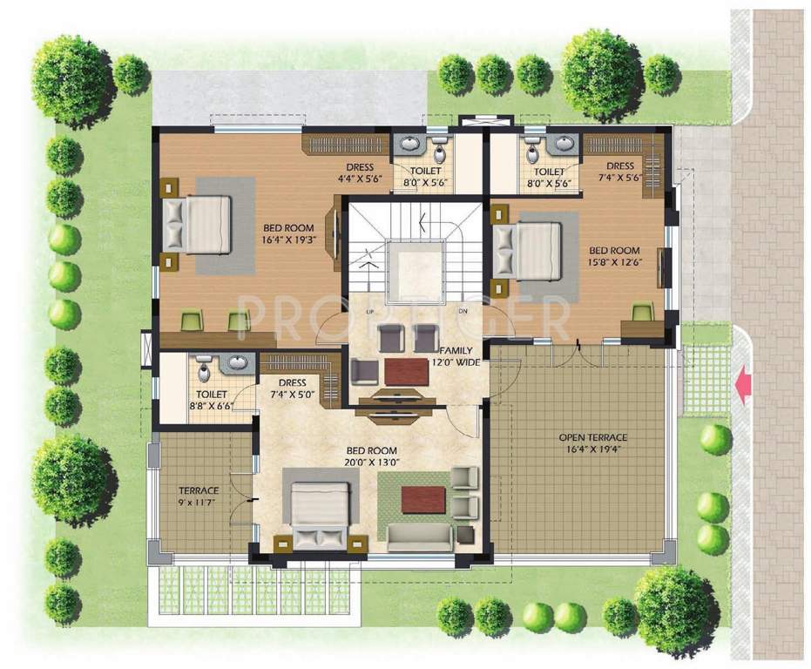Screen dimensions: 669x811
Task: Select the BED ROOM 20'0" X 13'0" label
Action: click(x=371, y=457)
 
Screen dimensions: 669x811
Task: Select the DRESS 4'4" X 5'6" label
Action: click(x=359, y=173)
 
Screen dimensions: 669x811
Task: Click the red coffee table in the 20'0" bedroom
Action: click(x=423, y=500)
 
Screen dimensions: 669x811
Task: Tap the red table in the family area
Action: click(x=406, y=372)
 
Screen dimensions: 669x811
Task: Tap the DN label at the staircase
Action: click(x=463, y=311)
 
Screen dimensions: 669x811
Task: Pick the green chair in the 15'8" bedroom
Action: click(x=642, y=313)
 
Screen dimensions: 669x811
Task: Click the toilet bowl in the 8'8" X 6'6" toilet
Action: click(x=202, y=374)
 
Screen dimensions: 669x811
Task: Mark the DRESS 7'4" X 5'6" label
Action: click(x=620, y=172)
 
